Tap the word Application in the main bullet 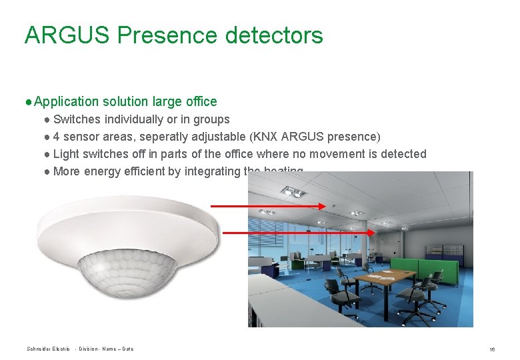pyautogui.click(x=66, y=101)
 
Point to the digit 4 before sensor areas pyautogui.click(x=57, y=137)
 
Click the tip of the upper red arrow pyautogui.click(x=325, y=207)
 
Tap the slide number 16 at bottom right pyautogui.click(x=491, y=349)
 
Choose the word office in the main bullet pyautogui.click(x=201, y=101)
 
